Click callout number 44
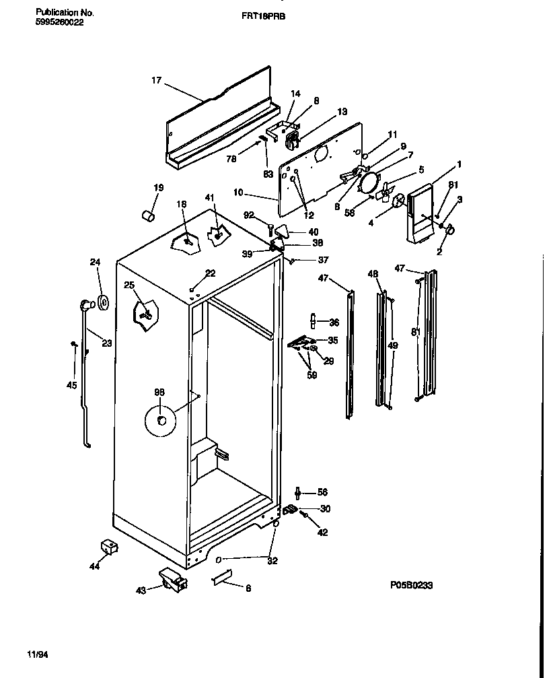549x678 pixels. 94,567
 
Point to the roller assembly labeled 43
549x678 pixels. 174,580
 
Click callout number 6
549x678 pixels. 248,588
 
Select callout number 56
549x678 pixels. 322,492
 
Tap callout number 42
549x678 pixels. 323,532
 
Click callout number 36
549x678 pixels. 334,321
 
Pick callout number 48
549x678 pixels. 373,273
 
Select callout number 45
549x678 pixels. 71,385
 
